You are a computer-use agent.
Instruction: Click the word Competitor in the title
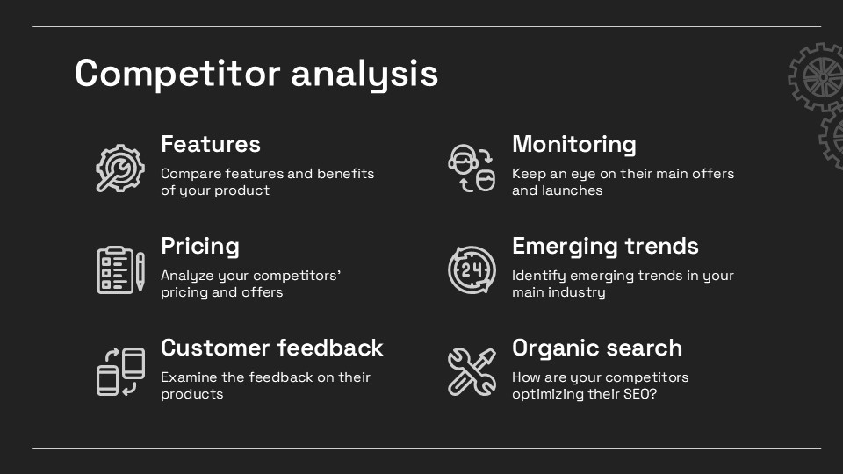point(177,73)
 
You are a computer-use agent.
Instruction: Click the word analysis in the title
point(364,73)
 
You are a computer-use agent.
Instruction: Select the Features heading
point(211,144)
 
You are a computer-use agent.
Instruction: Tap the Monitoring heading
point(574,145)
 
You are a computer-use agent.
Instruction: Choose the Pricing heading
point(200,246)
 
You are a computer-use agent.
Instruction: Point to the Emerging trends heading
point(605,246)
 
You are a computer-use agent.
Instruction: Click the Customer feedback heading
point(272,348)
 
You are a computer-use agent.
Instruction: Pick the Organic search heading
point(597,348)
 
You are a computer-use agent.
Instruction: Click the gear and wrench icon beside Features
point(120,169)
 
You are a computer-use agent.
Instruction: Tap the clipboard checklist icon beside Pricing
point(120,269)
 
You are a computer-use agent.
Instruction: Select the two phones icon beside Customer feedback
point(120,371)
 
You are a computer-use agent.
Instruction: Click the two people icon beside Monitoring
point(472,169)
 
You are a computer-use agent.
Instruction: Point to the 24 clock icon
point(472,269)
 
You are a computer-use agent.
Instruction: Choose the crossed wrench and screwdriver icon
point(472,371)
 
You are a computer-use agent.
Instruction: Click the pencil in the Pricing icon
point(140,271)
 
